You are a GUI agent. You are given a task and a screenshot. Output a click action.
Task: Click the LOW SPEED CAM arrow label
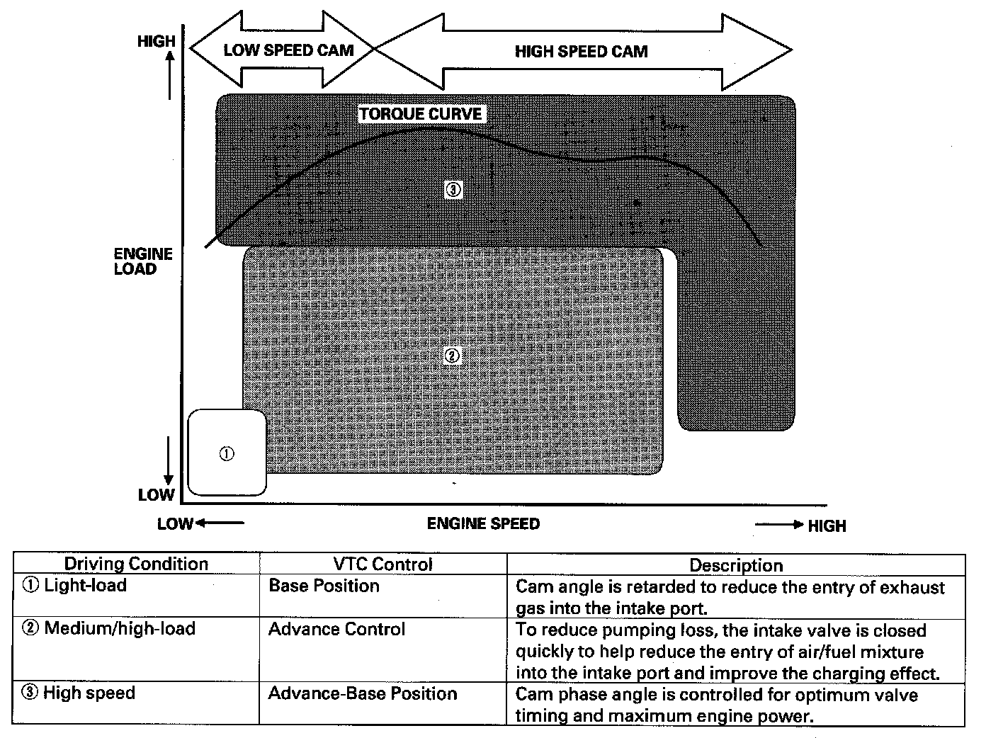coord(288,50)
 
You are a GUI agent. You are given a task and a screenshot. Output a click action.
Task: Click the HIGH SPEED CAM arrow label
coord(581,51)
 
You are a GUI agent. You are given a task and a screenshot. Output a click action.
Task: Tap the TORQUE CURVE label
coord(421,114)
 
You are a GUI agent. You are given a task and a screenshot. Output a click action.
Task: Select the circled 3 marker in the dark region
coord(453,189)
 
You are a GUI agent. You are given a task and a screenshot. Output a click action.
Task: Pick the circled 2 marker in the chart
coord(452,356)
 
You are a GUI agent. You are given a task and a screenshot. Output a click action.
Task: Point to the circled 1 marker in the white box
coord(227,454)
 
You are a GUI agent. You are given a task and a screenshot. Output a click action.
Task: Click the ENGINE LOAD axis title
coord(143,261)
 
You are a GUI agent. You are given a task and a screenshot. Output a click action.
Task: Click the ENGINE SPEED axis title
coord(483,523)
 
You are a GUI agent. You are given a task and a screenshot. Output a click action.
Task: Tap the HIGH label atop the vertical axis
coord(156,42)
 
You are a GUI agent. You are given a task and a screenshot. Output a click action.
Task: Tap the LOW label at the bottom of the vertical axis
coord(156,494)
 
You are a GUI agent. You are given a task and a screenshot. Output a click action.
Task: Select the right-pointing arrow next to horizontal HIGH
coord(779,525)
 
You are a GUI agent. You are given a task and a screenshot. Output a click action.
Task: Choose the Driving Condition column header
coord(136,564)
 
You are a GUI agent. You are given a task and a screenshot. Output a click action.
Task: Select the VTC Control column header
coord(382,564)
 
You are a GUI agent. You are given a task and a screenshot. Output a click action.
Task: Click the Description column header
coord(736,565)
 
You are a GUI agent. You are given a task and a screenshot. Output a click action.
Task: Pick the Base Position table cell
coord(324,586)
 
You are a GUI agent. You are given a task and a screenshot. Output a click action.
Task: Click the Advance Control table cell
coord(336,629)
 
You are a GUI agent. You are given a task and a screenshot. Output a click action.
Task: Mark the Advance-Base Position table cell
coord(363,693)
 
